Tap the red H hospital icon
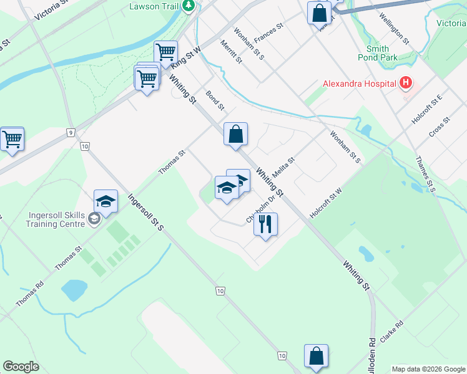406,82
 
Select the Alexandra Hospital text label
359,84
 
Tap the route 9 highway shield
72,132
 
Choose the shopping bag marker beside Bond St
236,134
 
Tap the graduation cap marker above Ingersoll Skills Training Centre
106,201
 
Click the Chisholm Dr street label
261,206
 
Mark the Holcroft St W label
327,203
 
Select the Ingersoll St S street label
145,212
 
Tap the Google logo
21,367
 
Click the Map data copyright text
428,369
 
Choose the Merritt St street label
231,52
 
